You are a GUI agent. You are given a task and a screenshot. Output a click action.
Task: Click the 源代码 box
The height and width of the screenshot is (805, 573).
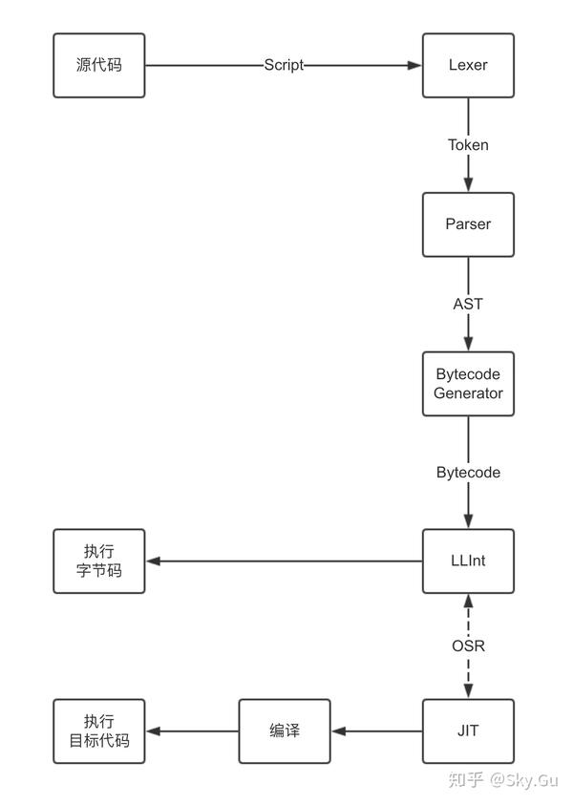point(99,65)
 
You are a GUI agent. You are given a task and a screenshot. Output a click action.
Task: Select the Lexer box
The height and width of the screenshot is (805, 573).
point(468,65)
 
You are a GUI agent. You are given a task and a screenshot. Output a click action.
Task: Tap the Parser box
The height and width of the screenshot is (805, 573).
point(468,224)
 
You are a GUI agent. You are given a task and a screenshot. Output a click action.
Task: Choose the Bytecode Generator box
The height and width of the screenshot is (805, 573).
point(468,383)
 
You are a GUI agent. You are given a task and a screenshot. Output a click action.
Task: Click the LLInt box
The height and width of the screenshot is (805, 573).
point(468,561)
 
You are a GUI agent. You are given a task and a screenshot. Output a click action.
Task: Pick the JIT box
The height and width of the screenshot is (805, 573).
point(468,731)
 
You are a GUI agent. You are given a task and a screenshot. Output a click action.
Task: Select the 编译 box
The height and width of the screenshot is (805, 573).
point(284,731)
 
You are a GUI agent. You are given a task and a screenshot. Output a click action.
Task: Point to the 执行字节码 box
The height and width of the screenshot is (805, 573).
point(99,561)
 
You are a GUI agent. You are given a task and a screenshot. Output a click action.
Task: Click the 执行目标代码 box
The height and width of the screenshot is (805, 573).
point(99,731)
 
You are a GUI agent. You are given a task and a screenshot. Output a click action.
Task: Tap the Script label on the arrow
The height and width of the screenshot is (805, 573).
point(284,65)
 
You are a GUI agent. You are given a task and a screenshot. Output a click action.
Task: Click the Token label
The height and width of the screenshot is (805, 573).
point(468,145)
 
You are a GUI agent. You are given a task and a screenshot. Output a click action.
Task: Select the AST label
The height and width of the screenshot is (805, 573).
point(468,304)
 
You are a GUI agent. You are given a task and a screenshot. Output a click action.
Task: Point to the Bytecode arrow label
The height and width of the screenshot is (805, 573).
point(468,472)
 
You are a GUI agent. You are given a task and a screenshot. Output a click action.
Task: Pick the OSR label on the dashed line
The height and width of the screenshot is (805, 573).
point(468,646)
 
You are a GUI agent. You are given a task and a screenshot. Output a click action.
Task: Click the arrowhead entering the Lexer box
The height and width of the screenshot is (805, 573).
point(415,65)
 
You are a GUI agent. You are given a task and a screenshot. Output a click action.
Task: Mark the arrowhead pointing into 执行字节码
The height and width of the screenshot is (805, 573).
point(153,561)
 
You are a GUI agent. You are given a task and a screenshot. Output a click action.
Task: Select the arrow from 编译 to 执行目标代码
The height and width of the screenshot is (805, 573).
point(191,731)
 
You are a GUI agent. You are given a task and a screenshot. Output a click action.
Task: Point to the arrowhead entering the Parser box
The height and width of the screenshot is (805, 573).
point(468,186)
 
